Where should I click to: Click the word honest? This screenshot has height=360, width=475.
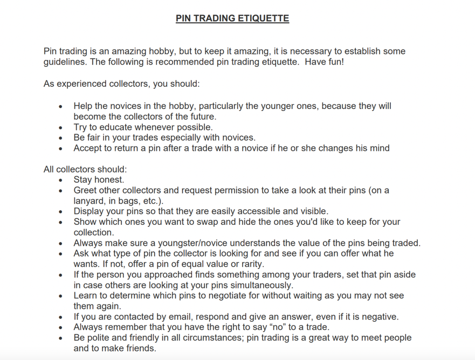tap(109, 180)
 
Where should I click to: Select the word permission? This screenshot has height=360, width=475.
tap(239, 190)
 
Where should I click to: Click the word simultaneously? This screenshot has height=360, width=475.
tap(257, 285)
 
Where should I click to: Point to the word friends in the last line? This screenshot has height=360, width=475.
tap(140, 348)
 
